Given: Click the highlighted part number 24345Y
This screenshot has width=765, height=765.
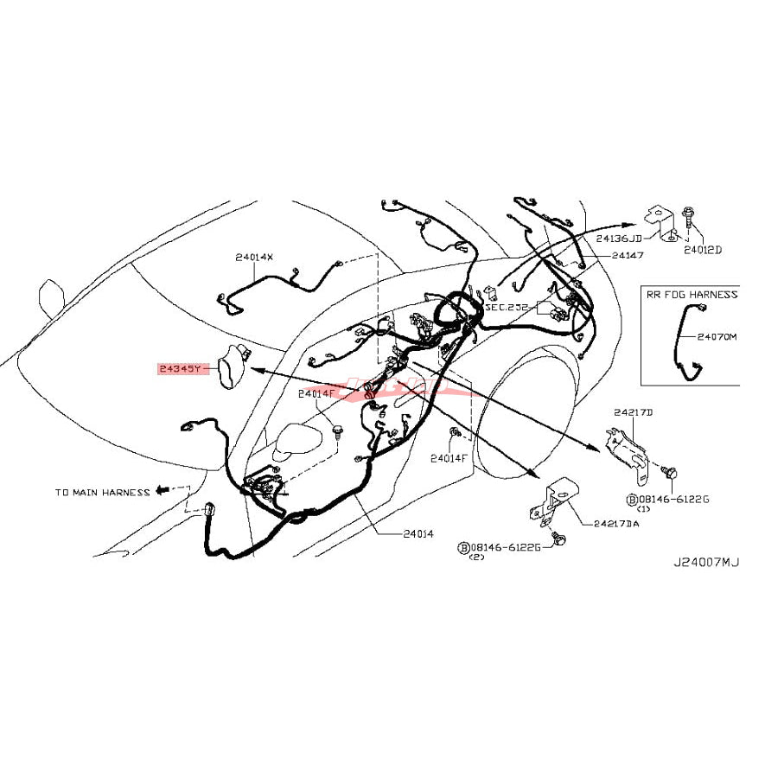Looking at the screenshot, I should [180, 369].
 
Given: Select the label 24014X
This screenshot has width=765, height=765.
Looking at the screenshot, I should [253, 257].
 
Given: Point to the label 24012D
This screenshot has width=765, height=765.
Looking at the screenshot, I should [702, 250].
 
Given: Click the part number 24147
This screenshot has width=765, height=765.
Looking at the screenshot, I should [627, 256].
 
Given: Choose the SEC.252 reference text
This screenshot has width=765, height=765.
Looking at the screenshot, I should [505, 307].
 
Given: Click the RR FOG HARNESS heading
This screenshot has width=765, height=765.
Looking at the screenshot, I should [692, 294].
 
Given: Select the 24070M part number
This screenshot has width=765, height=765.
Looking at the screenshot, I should [717, 337].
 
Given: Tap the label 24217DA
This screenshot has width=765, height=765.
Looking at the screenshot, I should [616, 523].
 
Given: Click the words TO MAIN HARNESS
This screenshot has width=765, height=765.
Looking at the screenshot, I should [102, 493].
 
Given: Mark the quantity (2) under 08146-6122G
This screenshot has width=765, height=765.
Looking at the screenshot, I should [475, 558].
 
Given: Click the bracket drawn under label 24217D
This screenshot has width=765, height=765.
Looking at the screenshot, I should [628, 449].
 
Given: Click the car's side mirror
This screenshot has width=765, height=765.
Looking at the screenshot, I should [294, 440].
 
